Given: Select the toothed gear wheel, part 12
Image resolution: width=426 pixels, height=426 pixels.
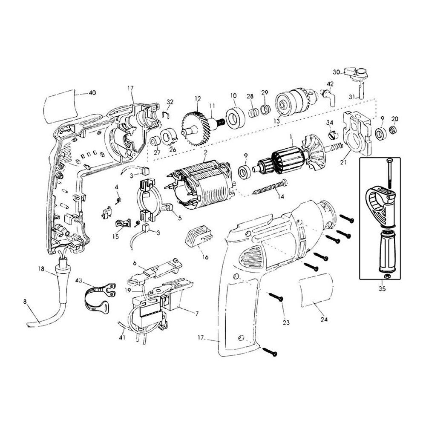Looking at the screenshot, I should pos(197,124).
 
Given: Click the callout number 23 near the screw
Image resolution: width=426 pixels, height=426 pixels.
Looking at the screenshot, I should pos(285,322).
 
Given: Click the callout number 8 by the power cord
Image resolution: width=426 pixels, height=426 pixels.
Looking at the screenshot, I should pos(25,301).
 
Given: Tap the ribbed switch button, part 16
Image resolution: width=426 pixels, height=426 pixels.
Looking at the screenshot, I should pos(198,236).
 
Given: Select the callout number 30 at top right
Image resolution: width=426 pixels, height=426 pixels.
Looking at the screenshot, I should pos(336,72).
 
